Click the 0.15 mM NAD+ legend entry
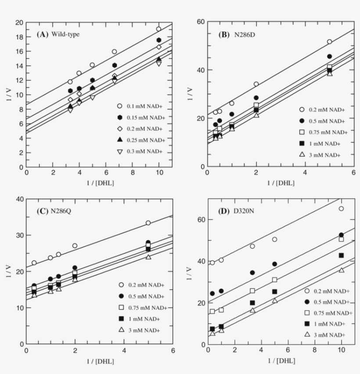[x=141, y=117]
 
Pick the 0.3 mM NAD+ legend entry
[x=141, y=151]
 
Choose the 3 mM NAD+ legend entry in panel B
[x=322, y=155]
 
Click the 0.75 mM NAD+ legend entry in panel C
[x=140, y=307]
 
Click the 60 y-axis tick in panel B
[x=200, y=22]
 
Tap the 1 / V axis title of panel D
[x=190, y=272]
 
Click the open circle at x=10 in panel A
[x=158, y=29]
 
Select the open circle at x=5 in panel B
[x=329, y=42]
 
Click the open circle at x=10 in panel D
[x=341, y=209]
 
